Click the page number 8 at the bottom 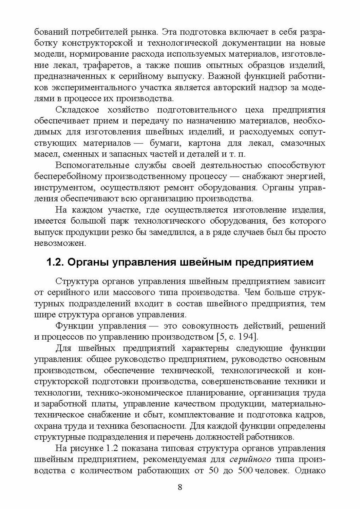pos(180,487)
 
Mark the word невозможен pos(56,243)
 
